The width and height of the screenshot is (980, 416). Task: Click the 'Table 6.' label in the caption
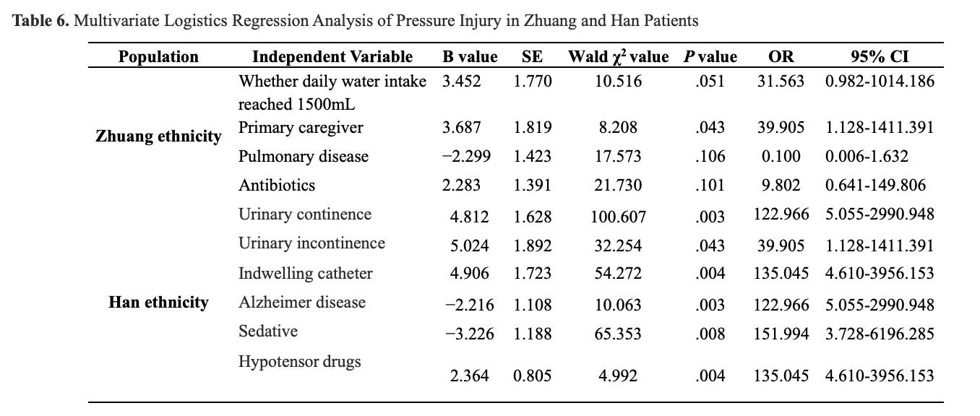(x=42, y=20)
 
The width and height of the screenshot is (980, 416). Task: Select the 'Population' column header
(x=158, y=56)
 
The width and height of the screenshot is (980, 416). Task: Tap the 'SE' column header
(x=532, y=56)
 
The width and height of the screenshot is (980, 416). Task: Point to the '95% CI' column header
(x=879, y=56)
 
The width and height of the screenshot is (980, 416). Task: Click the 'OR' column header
(x=781, y=56)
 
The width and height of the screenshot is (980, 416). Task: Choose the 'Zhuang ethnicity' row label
(x=158, y=136)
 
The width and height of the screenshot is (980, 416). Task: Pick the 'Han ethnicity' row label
(x=158, y=302)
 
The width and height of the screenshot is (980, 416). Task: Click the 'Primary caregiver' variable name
(x=301, y=128)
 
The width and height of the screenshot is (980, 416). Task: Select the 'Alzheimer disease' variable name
(x=302, y=302)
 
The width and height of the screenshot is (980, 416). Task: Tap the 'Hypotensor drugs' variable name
(x=299, y=361)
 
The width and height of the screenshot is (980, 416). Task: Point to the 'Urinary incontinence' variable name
(x=311, y=243)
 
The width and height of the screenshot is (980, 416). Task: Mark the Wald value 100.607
(x=617, y=216)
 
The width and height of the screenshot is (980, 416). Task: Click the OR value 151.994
(x=781, y=334)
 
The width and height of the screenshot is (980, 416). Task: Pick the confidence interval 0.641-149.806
(x=874, y=186)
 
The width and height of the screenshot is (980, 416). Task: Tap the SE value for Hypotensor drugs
(x=532, y=376)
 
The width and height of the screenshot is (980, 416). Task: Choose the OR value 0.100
(x=781, y=157)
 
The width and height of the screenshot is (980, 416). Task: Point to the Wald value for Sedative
(x=617, y=334)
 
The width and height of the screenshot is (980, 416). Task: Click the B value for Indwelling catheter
(x=470, y=274)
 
